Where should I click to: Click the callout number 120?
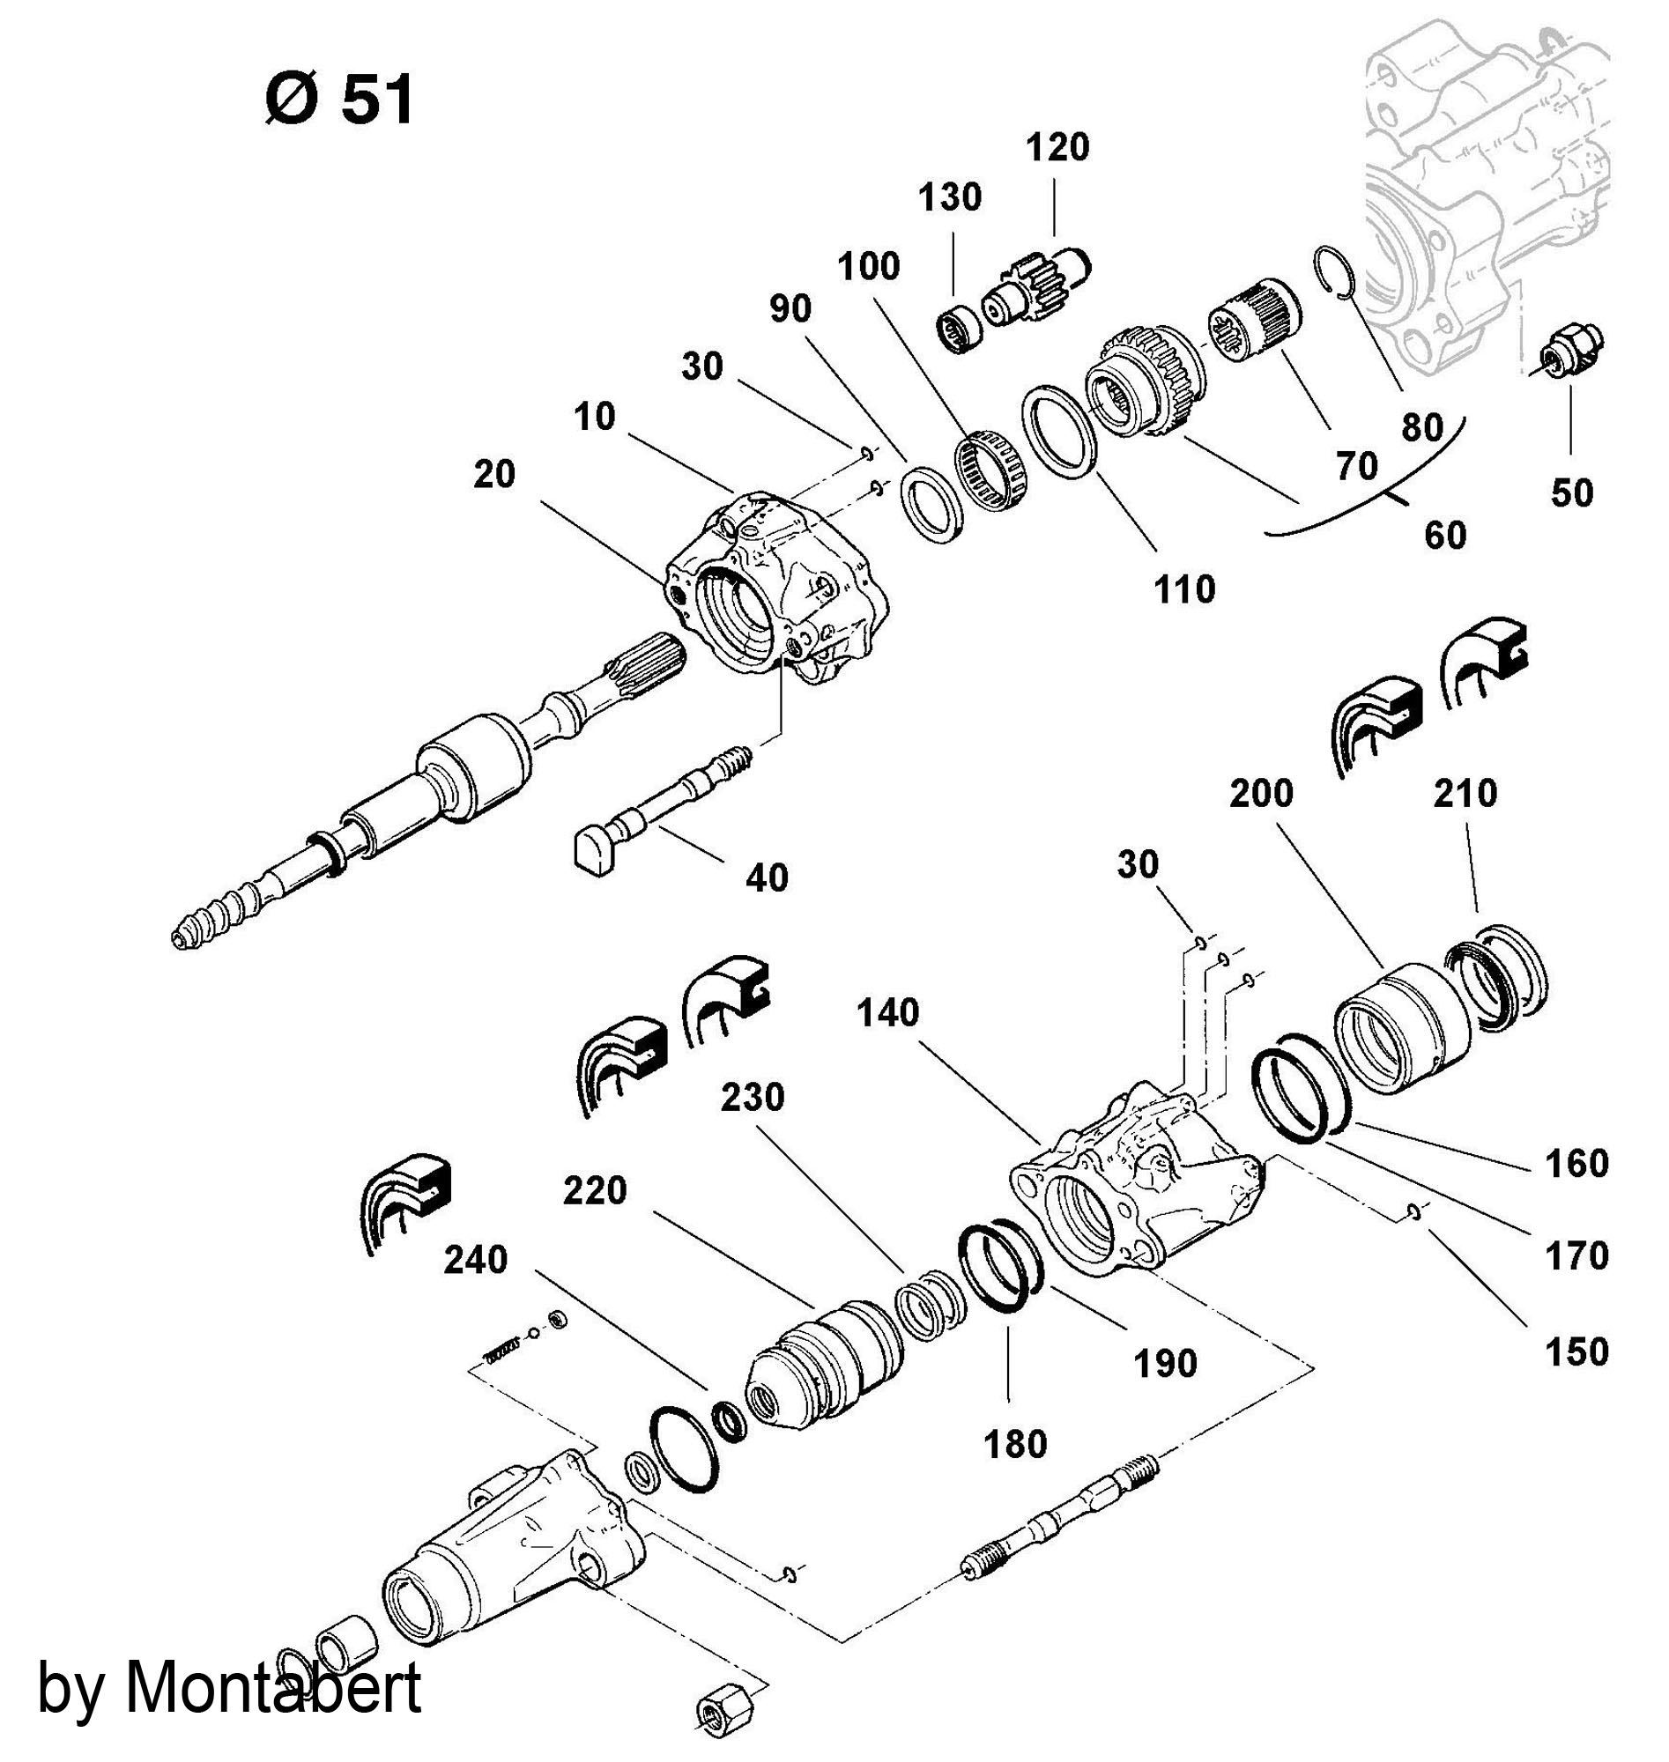[x=1057, y=148]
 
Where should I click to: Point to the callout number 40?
[x=767, y=877]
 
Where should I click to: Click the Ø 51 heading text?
[x=341, y=100]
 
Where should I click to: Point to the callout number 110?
[x=1184, y=589]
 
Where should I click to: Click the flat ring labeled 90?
[x=934, y=507]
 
